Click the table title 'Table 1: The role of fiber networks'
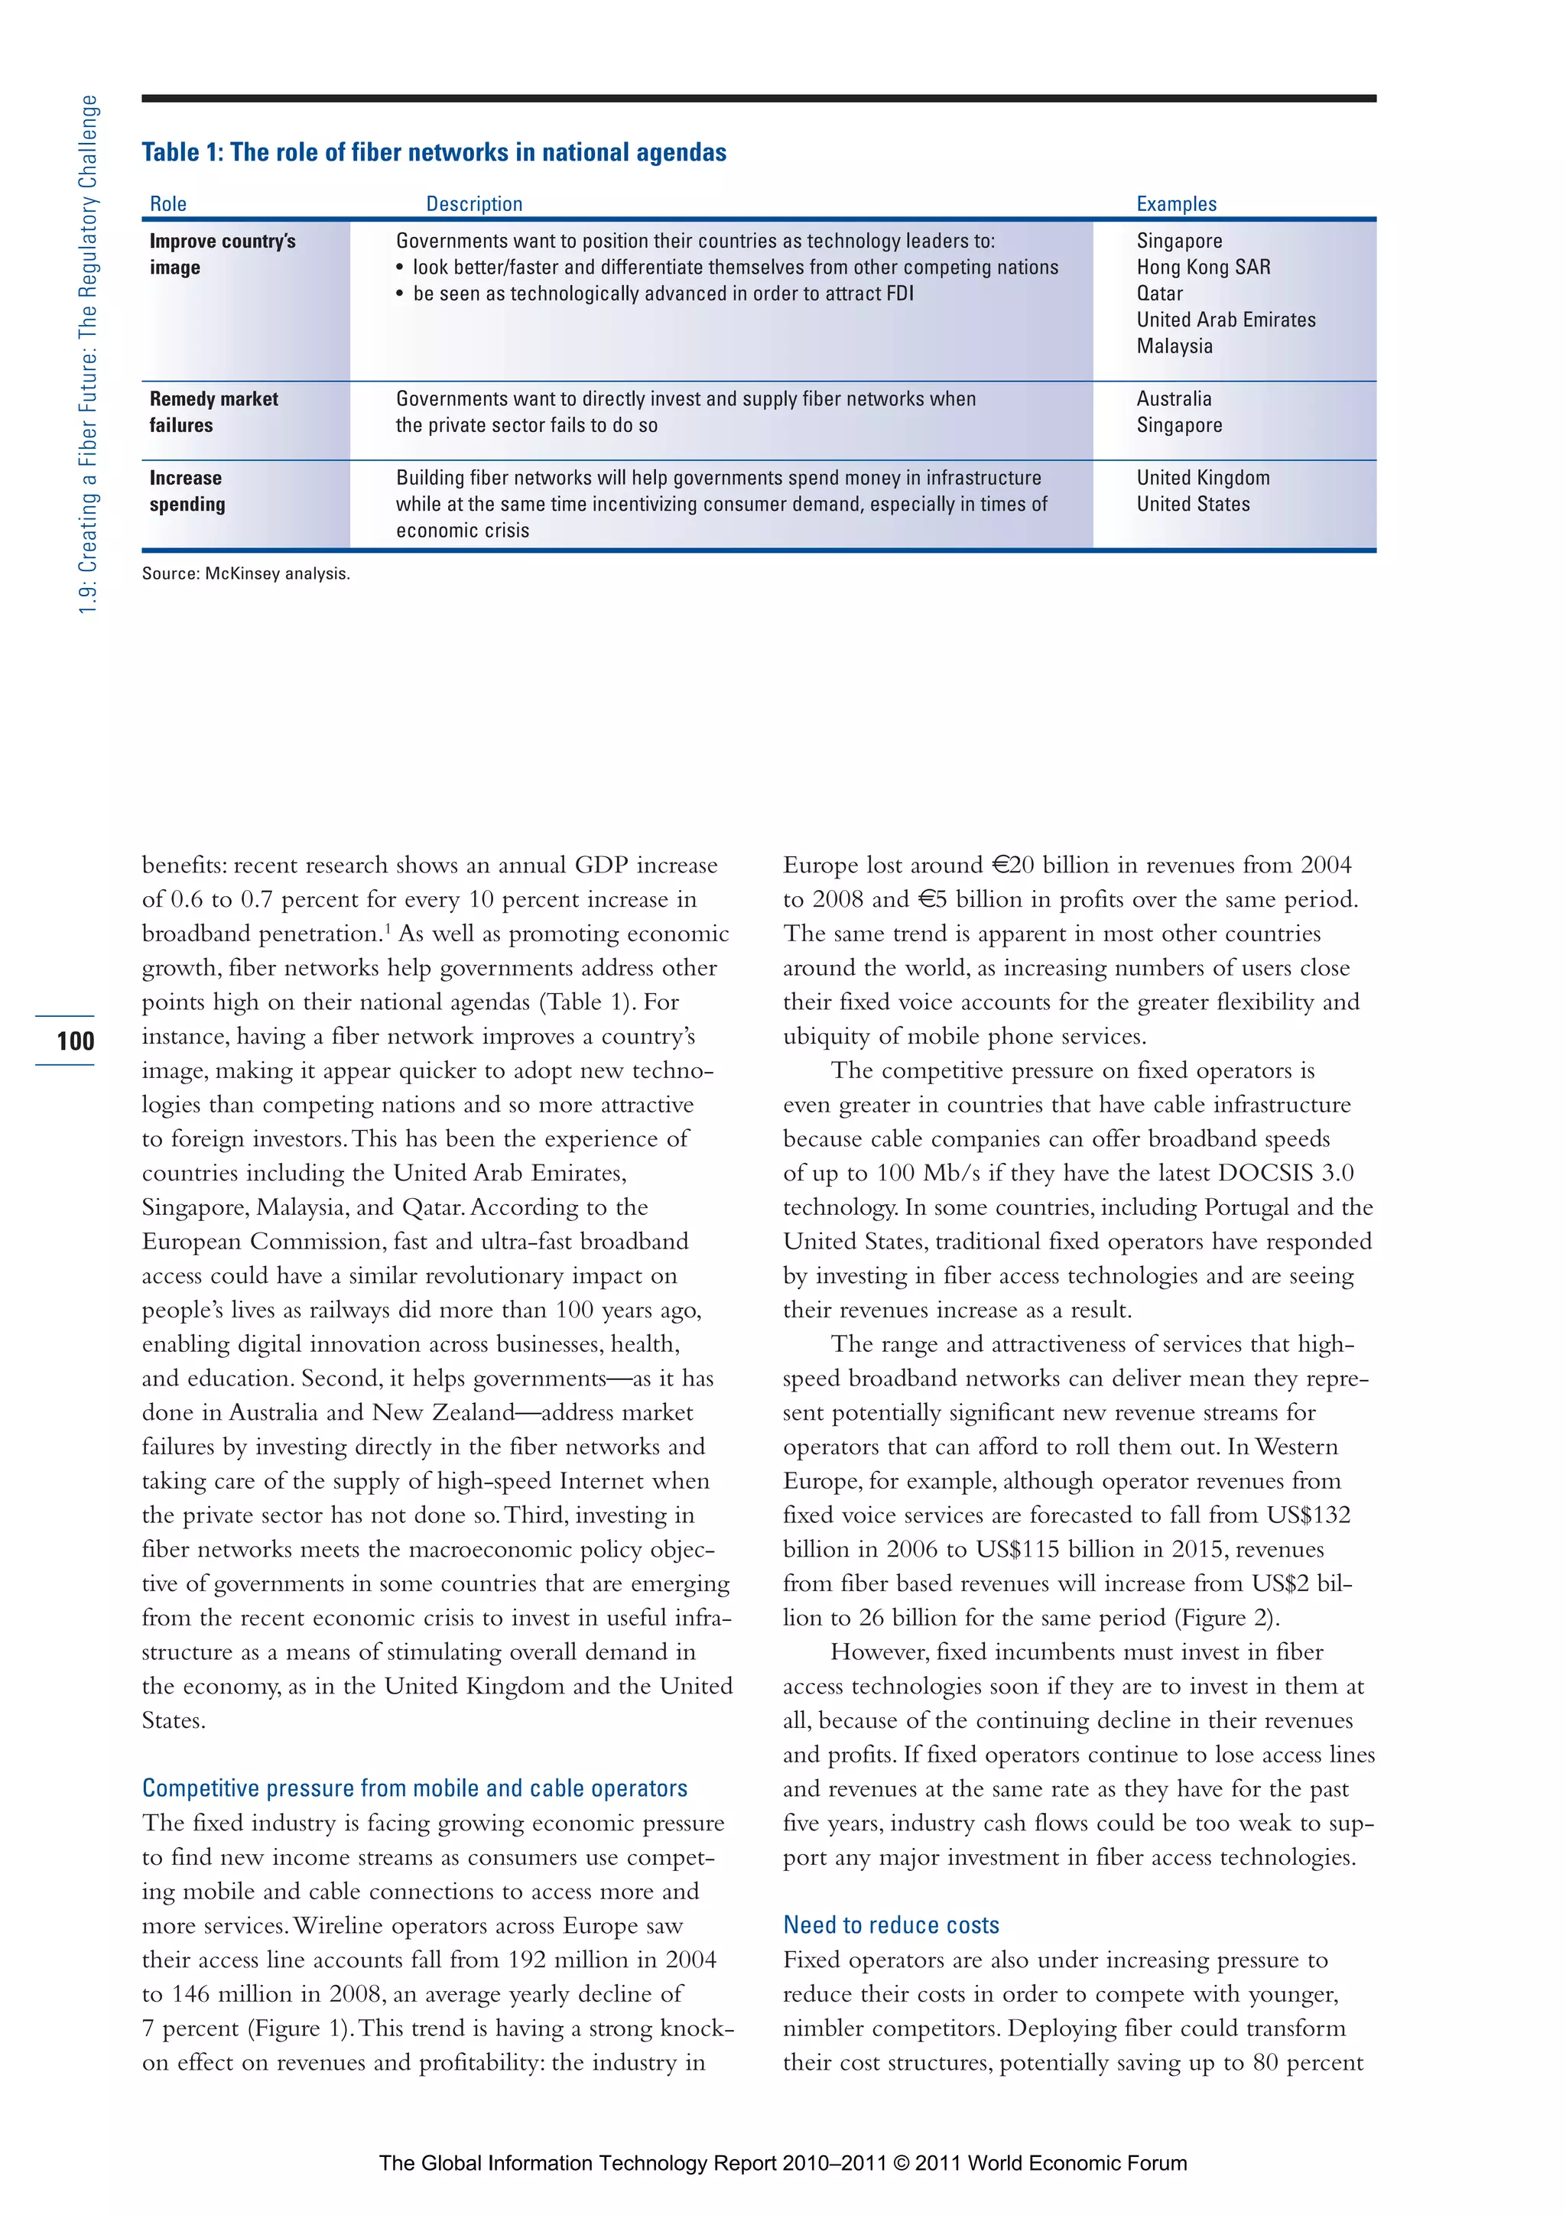[x=434, y=152]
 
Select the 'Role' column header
[x=168, y=204]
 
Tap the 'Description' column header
[x=474, y=204]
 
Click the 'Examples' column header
[x=1176, y=204]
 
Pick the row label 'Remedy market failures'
[x=213, y=412]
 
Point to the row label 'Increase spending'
[x=187, y=491]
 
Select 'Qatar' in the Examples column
[x=1158, y=294]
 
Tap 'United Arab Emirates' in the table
[x=1226, y=320]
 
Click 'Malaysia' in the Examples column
[x=1174, y=346]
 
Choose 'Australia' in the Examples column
[x=1173, y=398]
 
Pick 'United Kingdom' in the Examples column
[x=1202, y=478]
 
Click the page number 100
[x=75, y=1041]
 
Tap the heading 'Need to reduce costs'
[x=891, y=1924]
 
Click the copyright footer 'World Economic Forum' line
[x=782, y=2163]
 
